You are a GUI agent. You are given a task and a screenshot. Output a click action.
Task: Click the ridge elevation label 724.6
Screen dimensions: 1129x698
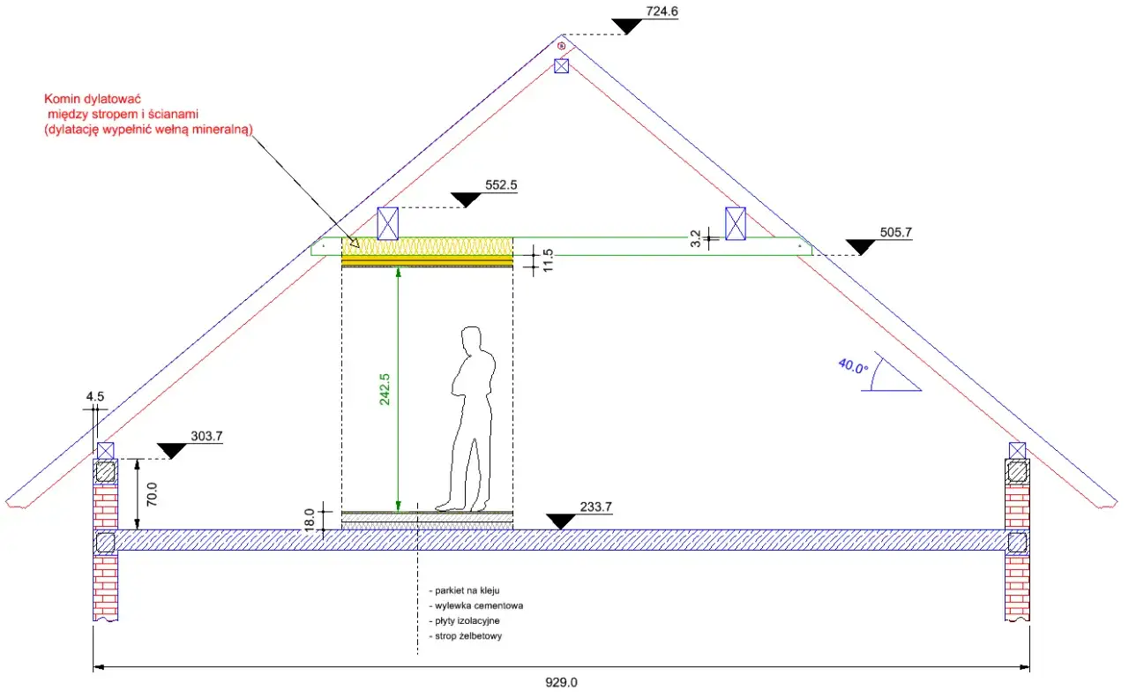662,11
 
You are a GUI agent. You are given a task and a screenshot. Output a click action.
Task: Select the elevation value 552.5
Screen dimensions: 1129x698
501,185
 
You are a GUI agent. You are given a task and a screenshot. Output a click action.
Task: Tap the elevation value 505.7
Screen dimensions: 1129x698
895,232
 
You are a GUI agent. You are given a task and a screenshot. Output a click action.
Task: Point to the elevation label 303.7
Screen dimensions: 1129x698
206,436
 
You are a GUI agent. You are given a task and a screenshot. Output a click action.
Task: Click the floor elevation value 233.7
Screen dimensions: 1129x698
595,507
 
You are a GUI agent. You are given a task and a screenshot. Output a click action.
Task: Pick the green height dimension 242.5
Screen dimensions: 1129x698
385,389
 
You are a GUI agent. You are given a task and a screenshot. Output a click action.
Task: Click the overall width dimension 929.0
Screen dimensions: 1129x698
561,683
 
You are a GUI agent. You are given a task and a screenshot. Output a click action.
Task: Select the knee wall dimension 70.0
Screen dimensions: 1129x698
152,494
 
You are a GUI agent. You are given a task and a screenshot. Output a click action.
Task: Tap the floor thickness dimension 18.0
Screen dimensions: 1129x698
310,520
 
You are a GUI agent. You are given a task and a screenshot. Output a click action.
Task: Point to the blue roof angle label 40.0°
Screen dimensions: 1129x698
853,366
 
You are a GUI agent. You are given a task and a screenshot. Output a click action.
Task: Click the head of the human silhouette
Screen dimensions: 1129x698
471,340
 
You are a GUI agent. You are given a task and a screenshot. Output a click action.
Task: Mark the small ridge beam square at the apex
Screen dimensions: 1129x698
562,66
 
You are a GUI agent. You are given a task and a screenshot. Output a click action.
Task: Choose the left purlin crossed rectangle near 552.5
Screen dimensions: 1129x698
387,223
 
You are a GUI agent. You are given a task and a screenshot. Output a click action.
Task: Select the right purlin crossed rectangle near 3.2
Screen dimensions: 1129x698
736,223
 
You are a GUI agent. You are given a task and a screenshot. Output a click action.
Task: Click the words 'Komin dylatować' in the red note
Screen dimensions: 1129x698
93,99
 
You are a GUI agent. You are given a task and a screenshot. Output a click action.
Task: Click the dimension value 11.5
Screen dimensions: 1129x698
548,260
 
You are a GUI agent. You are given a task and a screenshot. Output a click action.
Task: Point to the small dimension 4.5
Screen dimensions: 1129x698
94,396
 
